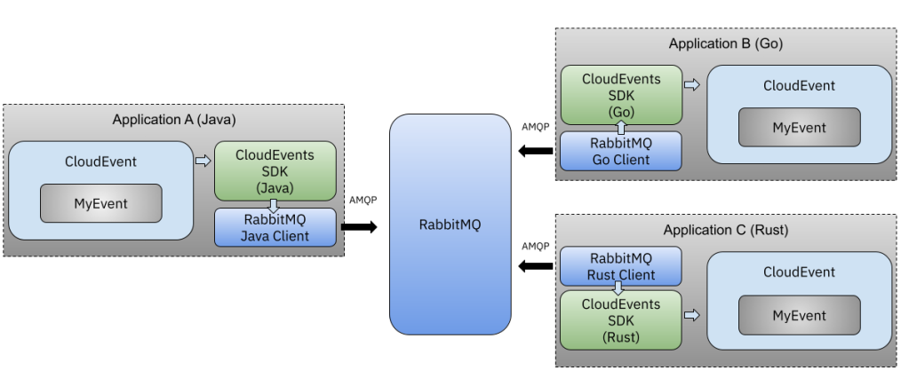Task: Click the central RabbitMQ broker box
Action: [450, 224]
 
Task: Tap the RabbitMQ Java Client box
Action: [275, 227]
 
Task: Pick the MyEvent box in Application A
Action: [100, 204]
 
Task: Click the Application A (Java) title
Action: [173, 119]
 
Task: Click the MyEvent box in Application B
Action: [799, 127]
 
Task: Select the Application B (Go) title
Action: [725, 43]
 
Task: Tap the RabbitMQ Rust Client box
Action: [621, 265]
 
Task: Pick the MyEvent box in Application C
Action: [799, 316]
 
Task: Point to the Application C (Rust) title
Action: [725, 231]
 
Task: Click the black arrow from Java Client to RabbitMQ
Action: [359, 228]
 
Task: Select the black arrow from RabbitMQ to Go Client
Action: [537, 151]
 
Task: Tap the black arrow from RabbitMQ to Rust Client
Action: [537, 266]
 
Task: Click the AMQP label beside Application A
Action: [364, 200]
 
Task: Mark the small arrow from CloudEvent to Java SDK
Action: [203, 161]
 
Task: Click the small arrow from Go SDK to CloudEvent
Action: [692, 85]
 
